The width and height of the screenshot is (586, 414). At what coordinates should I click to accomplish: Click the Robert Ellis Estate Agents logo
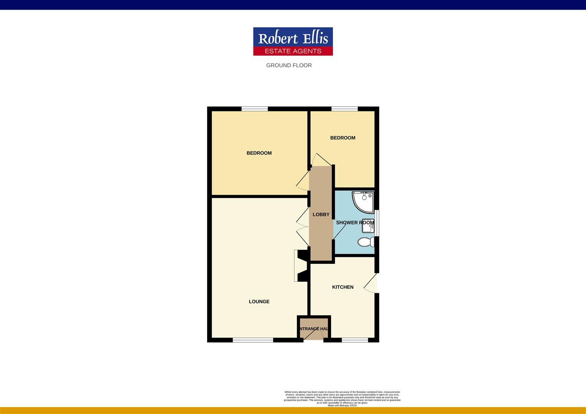pyautogui.click(x=293, y=41)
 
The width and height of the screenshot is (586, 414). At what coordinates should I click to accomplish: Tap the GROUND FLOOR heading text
pyautogui.click(x=289, y=66)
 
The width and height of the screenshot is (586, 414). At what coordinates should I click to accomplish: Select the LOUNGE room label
pyautogui.click(x=259, y=302)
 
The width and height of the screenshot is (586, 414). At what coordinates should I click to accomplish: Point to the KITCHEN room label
pyautogui.click(x=342, y=287)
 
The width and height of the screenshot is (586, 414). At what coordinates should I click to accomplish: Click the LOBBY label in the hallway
pyautogui.click(x=321, y=215)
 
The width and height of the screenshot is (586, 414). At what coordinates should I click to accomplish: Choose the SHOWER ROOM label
pyautogui.click(x=355, y=223)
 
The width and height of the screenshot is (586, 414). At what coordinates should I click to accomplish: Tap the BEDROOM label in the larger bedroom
pyautogui.click(x=259, y=153)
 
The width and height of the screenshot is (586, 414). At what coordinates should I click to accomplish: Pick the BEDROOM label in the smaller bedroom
pyautogui.click(x=342, y=138)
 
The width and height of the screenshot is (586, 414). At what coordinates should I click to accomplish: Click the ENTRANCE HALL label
pyautogui.click(x=314, y=329)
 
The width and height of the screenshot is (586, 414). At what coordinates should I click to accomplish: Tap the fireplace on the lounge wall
pyautogui.click(x=301, y=266)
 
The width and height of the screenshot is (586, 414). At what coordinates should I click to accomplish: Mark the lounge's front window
pyautogui.click(x=253, y=340)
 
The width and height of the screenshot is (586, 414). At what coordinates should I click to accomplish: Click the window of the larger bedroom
pyautogui.click(x=255, y=109)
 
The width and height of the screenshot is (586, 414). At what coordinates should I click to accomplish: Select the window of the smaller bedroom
pyautogui.click(x=344, y=109)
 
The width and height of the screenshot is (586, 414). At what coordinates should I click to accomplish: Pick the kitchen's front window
pyautogui.click(x=355, y=340)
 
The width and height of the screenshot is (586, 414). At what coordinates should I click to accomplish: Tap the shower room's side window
pyautogui.click(x=377, y=223)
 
